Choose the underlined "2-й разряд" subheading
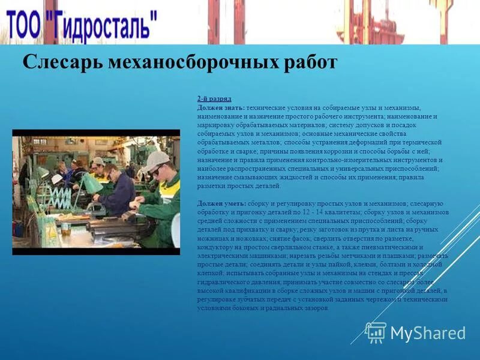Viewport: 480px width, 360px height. [x=214, y=98]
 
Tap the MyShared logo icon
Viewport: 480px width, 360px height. [x=376, y=332]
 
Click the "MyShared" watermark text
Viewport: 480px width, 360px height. [x=428, y=333]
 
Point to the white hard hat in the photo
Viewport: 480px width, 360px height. [x=56, y=179]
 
